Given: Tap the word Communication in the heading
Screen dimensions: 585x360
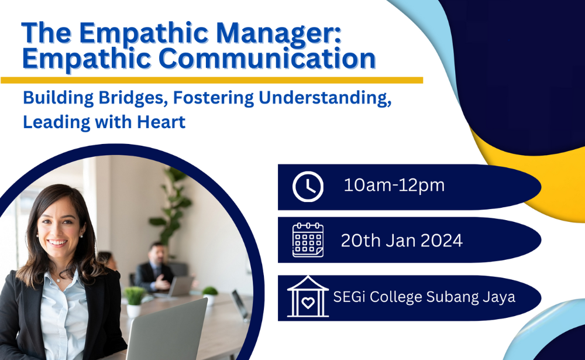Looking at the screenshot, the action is pos(267,59).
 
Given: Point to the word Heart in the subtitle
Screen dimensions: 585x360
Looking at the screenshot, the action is pos(161,122).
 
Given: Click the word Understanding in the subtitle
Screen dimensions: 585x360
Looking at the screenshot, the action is pos(325,98).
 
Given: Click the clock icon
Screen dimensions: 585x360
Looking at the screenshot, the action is pos(308,187).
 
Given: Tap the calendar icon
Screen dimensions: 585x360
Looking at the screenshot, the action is pos(308,240).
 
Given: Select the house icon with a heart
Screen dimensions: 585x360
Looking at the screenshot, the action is pos(308,297).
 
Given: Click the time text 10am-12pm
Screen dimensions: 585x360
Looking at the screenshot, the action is pos(394,185).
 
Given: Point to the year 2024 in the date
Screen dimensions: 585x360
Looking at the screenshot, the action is pos(442,241).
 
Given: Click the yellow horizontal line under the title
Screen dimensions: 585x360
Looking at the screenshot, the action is pos(212,80).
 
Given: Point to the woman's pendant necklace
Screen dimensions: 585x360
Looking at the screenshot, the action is pos(58,279).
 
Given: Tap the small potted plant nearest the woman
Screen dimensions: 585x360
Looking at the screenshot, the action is pos(134,301).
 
